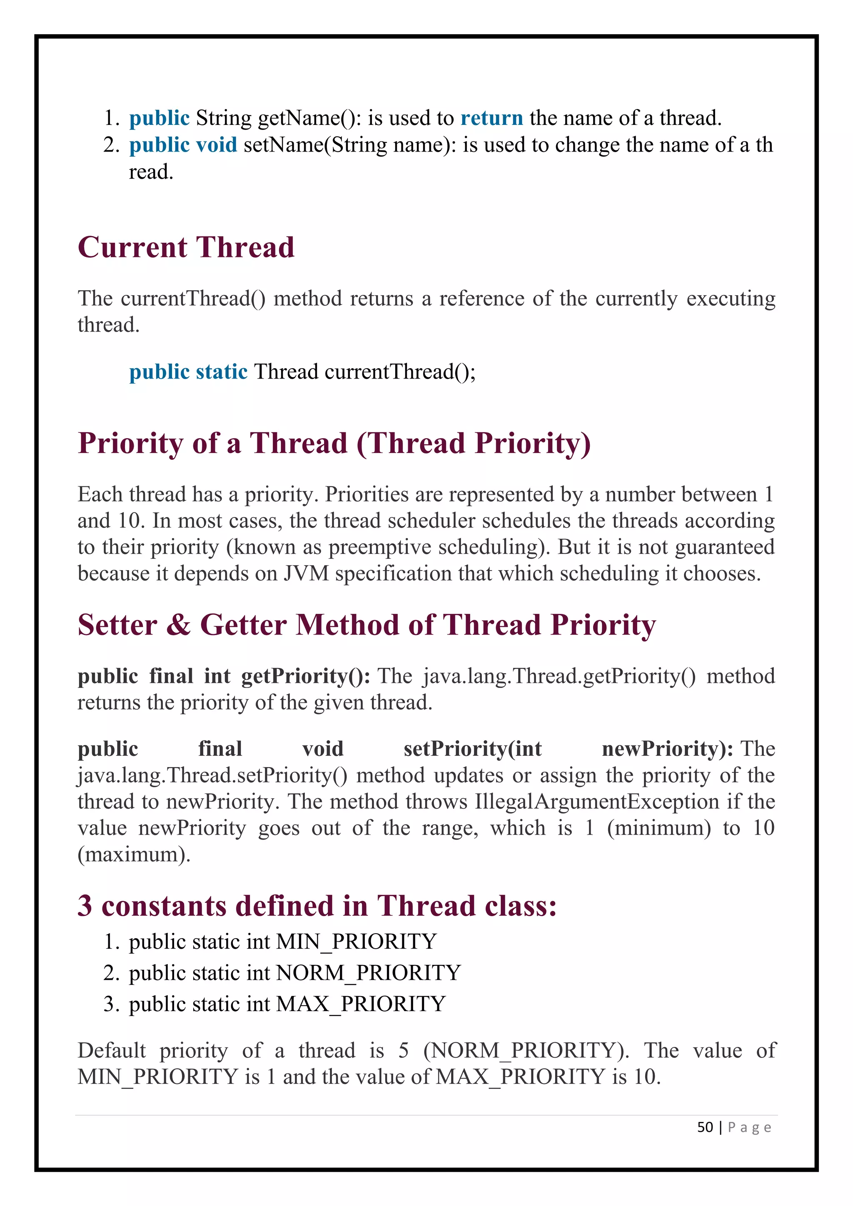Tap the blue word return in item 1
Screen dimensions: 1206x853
pos(491,118)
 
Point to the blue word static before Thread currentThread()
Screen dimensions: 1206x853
pos(221,372)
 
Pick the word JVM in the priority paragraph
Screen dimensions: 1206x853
pos(306,573)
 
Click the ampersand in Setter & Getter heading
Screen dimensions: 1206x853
pos(179,625)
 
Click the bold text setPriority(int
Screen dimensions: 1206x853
pos(472,749)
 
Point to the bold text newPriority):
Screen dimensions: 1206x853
pos(667,749)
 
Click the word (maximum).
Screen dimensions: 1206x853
pos(134,855)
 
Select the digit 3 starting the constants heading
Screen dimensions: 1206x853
pos(85,906)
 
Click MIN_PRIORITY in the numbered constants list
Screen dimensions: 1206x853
pos(357,942)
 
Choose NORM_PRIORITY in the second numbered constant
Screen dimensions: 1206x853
pos(369,973)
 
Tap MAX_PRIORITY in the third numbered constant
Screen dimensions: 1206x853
pos(361,1004)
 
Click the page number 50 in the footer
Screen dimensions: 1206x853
pos(705,1127)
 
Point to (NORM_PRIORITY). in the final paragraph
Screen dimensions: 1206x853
pos(526,1051)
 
